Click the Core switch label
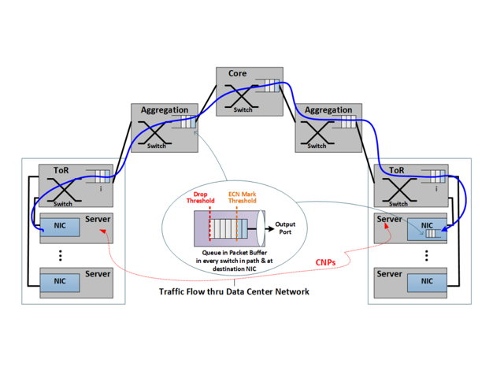(x=238, y=74)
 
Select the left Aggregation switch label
(x=165, y=110)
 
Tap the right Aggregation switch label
(x=328, y=110)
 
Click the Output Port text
(x=285, y=228)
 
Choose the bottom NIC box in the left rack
(x=60, y=280)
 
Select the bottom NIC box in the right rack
(x=425, y=280)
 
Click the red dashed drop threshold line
(x=209, y=228)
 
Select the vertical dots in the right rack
(x=426, y=254)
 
